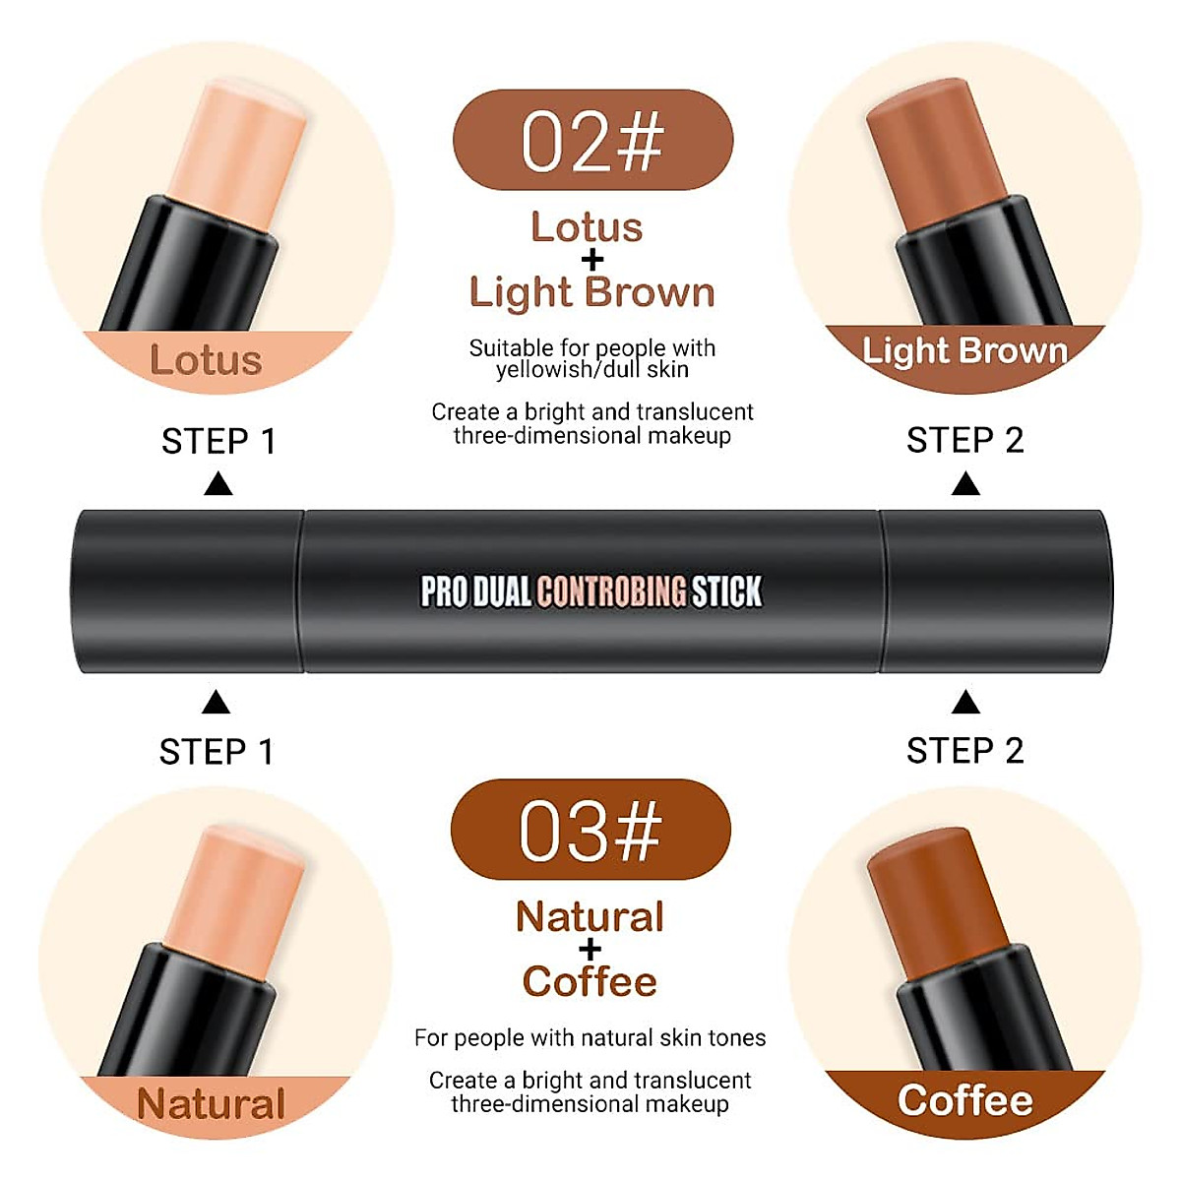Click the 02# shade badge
(592, 141)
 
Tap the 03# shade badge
(590, 830)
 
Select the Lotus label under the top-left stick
(206, 360)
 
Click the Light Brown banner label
(964, 351)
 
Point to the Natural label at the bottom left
(212, 1103)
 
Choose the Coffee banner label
(965, 1100)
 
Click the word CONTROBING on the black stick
(611, 591)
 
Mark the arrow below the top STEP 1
(218, 484)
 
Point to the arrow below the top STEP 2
(966, 484)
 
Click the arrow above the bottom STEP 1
(216, 703)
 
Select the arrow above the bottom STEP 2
(966, 702)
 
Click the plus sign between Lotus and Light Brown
(591, 260)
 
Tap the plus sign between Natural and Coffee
(590, 950)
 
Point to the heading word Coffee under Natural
(590, 981)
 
